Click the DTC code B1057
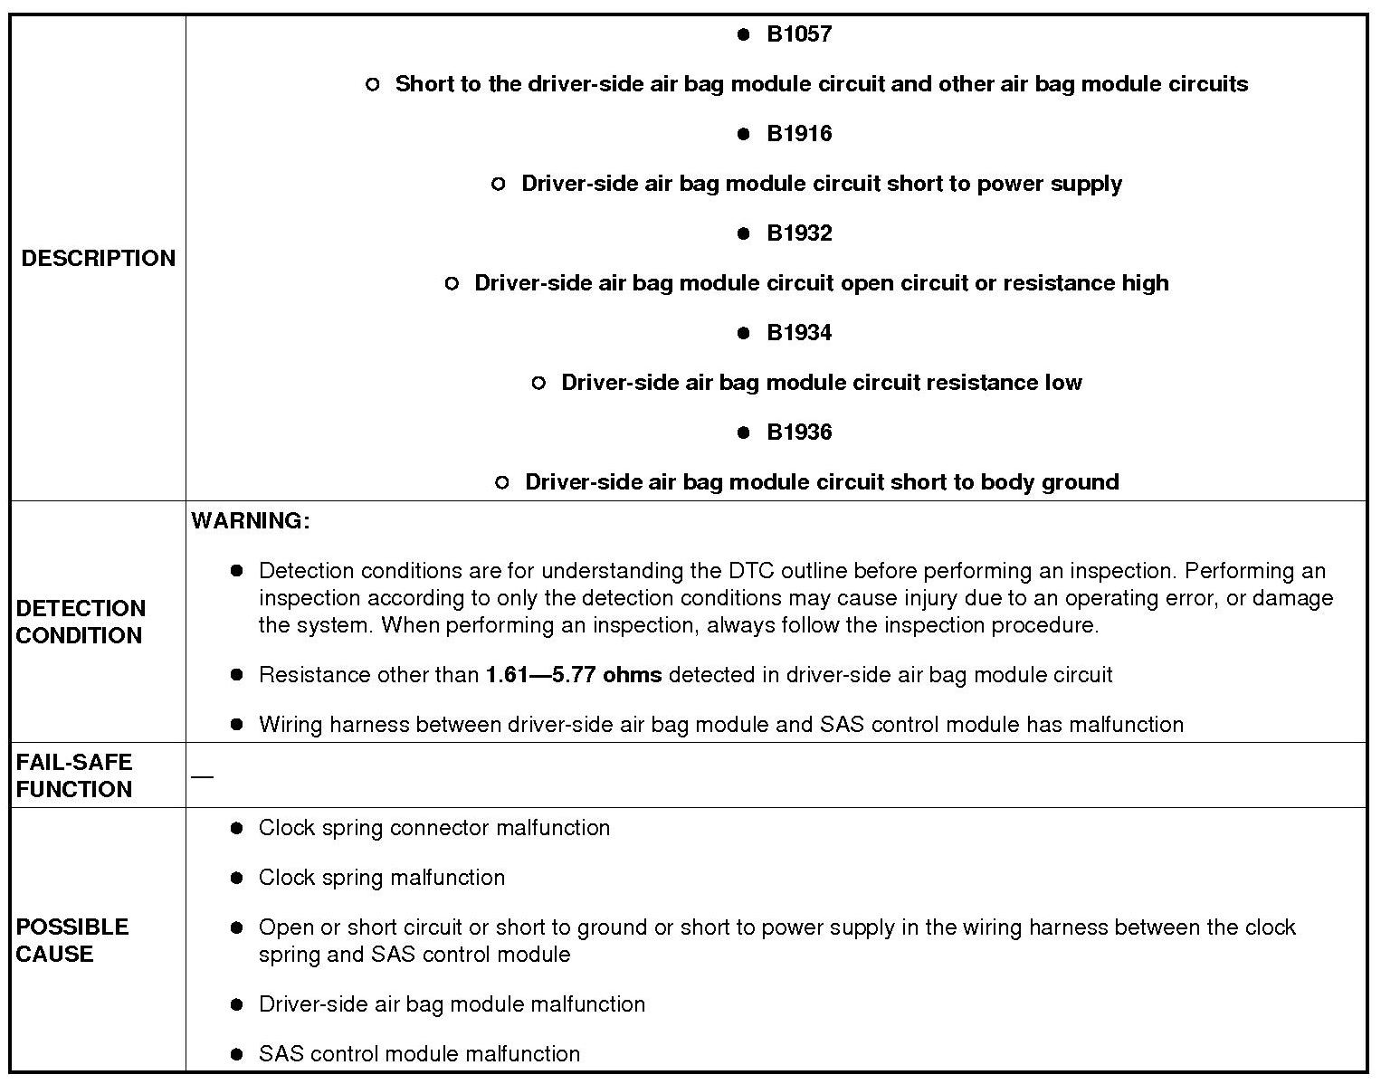799,34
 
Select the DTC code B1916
799,134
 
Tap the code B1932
799,233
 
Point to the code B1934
799,333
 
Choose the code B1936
799,433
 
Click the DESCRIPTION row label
98,259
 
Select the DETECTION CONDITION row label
81,622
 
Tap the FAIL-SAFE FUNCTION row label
74,775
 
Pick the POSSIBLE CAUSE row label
72,940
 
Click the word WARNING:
251,521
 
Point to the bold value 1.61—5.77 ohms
574,675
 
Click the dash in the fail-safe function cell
203,776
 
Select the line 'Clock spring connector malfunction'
434,828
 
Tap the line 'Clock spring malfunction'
382,878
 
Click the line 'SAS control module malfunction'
419,1054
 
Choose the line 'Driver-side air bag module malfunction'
452,1004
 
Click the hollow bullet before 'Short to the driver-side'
373,85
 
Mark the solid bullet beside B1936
744,433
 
